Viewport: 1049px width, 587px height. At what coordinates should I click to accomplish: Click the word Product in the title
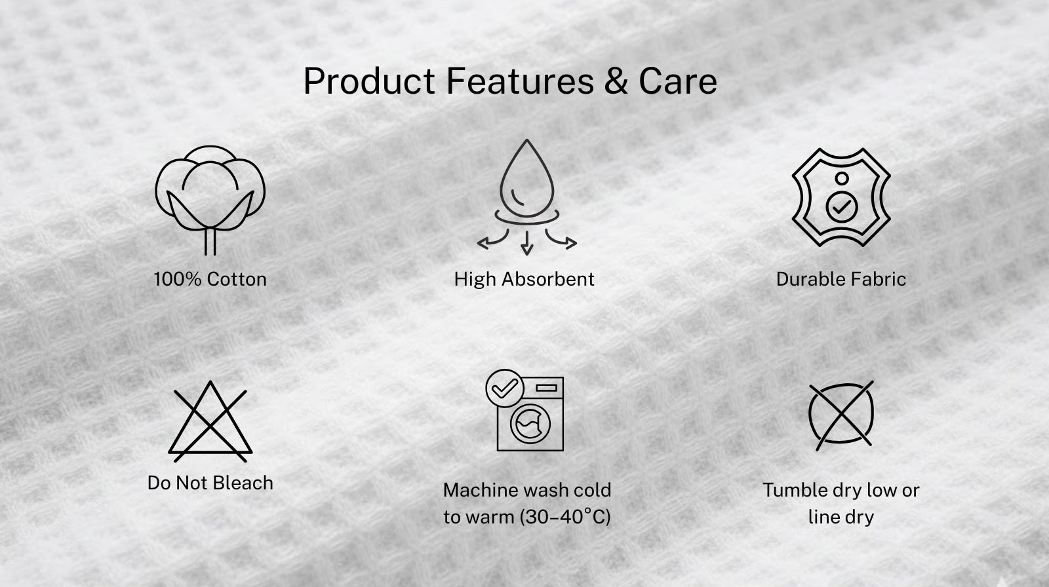coord(369,81)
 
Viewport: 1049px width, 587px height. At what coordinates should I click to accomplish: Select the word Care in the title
coord(678,81)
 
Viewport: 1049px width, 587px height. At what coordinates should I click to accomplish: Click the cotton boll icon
coord(210,200)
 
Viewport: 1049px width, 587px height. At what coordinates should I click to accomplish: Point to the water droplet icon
coord(527,197)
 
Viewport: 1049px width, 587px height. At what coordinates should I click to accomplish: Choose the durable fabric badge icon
coord(841,197)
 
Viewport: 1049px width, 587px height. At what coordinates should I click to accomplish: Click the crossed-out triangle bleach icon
coord(210,421)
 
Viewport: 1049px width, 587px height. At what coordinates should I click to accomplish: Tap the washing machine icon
coord(524,411)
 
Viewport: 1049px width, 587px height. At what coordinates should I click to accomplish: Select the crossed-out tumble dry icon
coord(841,415)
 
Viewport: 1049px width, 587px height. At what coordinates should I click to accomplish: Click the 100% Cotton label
coord(210,279)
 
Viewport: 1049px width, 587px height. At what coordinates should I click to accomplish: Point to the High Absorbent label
coord(524,279)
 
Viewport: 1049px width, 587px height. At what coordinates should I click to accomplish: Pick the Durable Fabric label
coord(841,279)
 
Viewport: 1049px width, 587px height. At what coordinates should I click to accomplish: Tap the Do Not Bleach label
coord(210,483)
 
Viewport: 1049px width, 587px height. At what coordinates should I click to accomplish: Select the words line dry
coord(841,517)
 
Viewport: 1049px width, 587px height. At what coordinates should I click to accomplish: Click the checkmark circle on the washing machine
coord(504,388)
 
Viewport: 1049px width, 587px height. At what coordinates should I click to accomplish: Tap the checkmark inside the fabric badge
coord(842,206)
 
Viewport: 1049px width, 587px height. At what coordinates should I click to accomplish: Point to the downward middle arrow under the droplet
coord(527,243)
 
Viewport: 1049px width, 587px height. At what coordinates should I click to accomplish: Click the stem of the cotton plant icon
coord(210,242)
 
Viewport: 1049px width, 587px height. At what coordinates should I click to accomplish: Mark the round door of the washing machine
coord(530,424)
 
